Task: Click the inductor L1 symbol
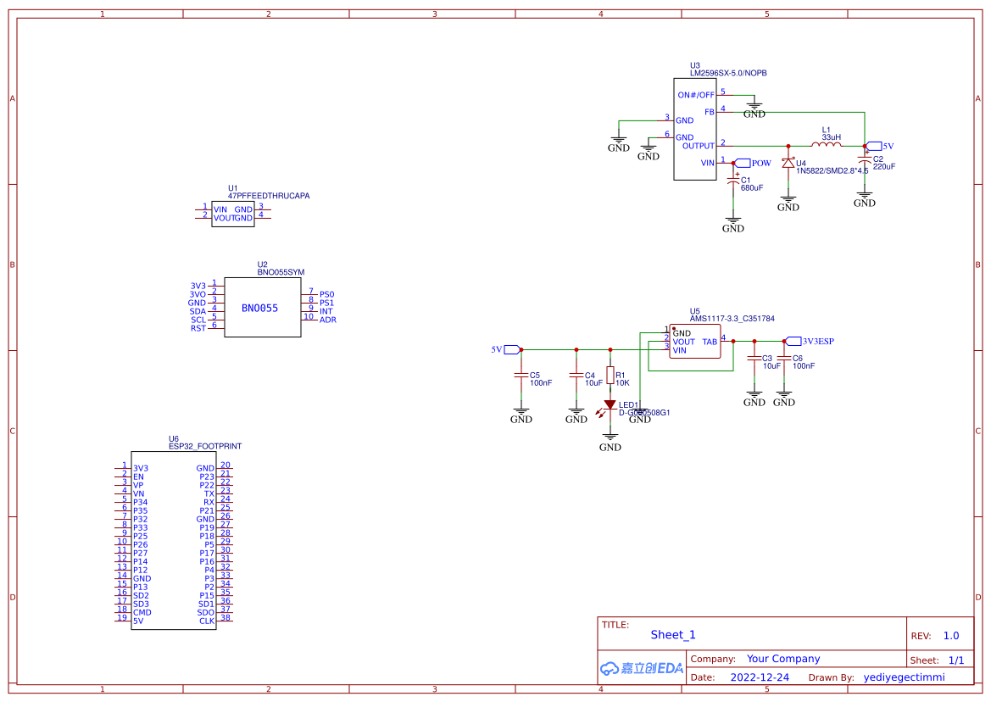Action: (827, 145)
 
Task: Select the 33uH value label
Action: (831, 136)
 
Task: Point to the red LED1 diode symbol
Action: (610, 405)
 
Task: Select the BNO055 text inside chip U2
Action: (259, 309)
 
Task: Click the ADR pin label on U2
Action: (327, 320)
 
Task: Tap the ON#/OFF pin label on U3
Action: (696, 95)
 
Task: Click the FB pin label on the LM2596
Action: (709, 112)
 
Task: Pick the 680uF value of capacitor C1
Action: (752, 188)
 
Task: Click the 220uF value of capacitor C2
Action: (884, 167)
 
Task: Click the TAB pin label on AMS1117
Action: (710, 342)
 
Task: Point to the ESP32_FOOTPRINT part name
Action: (205, 446)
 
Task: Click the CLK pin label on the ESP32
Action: (207, 621)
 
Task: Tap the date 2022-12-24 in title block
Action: (760, 677)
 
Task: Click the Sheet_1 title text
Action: (673, 635)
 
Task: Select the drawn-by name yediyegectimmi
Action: (904, 677)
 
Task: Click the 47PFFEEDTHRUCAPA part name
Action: (269, 196)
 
